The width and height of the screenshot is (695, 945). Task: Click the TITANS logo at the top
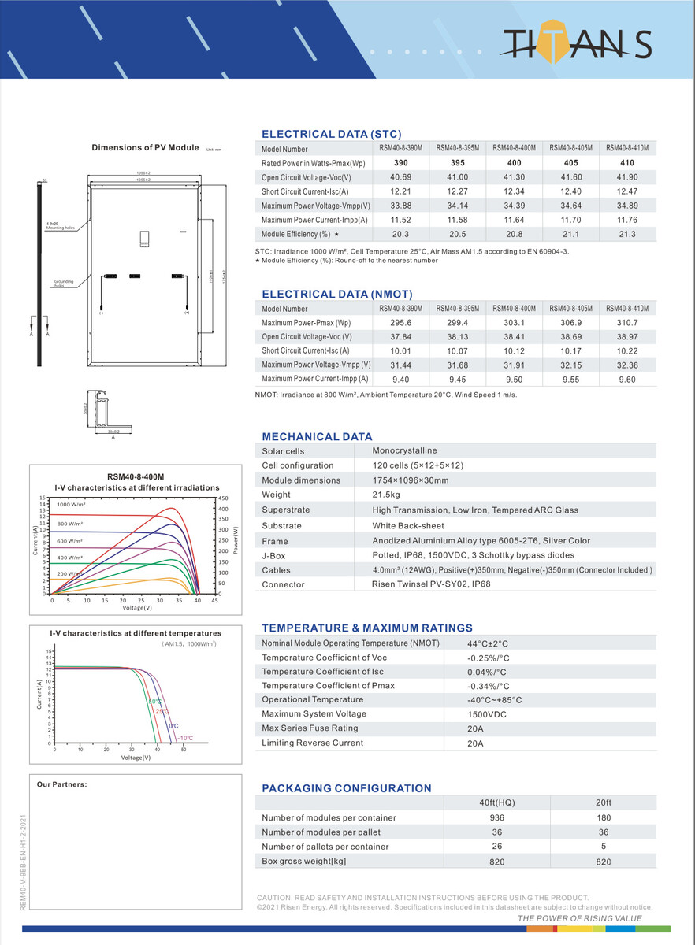pos(577,46)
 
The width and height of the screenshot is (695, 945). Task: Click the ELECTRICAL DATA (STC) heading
pos(331,135)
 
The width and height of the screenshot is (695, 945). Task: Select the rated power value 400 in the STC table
pos(514,163)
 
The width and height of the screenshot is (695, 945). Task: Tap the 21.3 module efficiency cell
pos(627,235)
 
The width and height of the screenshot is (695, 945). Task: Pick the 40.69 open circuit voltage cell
pos(400,177)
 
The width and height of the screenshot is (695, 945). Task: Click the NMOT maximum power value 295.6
pos(400,323)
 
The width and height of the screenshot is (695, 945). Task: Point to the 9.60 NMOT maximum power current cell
pos(627,380)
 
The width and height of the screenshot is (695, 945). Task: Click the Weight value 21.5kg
pos(386,495)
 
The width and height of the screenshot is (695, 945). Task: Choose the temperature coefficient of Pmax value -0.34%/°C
pos(489,686)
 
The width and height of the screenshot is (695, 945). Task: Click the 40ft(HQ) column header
pos(496,802)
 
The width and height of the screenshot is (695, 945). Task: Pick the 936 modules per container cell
pos(496,817)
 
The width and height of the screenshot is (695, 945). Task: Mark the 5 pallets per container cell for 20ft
pos(604,847)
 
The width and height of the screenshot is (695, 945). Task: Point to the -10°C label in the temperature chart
pos(184,738)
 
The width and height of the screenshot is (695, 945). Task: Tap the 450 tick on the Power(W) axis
pos(223,498)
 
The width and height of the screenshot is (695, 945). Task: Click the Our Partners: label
pos(61,784)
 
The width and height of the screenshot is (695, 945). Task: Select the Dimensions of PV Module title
pos(145,147)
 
